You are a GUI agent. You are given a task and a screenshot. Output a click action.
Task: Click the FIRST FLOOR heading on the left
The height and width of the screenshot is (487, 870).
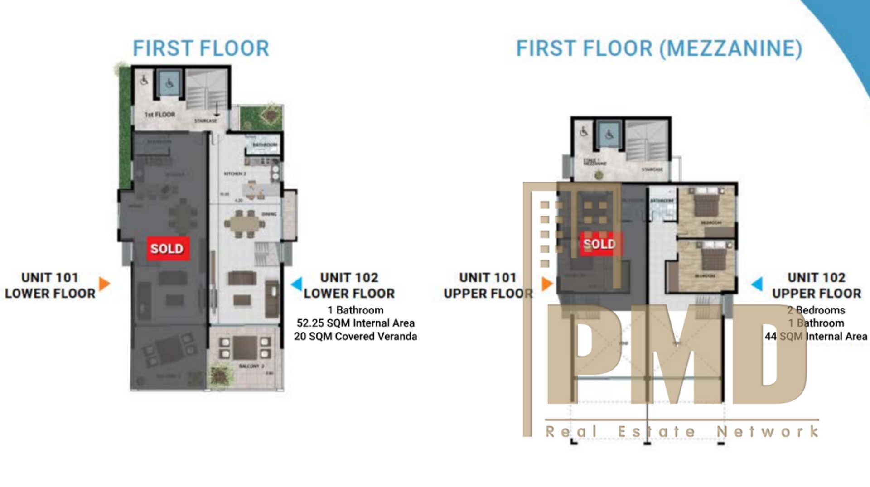(x=201, y=48)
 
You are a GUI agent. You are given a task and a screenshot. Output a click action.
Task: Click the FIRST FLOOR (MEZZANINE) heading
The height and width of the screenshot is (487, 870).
(x=659, y=48)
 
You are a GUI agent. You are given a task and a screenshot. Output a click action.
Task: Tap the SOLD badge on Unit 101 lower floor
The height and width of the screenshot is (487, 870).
(x=167, y=248)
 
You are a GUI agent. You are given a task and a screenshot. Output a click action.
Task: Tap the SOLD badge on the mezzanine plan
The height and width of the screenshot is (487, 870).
(x=599, y=244)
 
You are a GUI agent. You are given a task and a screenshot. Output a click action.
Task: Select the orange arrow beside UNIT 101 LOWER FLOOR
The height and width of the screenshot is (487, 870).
(x=104, y=284)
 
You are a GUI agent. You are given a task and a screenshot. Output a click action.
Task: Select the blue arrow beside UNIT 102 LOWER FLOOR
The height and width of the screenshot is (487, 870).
(x=297, y=284)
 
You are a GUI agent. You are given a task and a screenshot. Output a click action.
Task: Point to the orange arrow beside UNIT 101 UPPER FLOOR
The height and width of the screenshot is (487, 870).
(x=547, y=284)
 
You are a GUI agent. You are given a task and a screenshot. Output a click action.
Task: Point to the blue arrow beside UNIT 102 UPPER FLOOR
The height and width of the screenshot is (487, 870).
(x=757, y=284)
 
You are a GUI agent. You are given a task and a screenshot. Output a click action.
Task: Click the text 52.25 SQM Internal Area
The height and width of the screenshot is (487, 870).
(x=355, y=323)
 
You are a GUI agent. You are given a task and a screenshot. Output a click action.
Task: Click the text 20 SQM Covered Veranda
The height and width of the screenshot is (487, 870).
(x=355, y=336)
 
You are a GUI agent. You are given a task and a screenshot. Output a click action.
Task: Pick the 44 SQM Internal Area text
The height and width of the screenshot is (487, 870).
(x=816, y=336)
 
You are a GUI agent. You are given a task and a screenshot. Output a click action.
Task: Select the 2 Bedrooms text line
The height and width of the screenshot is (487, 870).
(x=816, y=310)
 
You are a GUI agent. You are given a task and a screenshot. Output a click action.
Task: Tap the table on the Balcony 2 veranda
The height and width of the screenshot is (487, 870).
(x=245, y=347)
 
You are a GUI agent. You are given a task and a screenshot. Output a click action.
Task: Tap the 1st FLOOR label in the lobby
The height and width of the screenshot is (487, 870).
(x=159, y=115)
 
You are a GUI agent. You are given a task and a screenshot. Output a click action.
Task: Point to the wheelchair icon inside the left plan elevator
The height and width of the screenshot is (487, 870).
(x=169, y=83)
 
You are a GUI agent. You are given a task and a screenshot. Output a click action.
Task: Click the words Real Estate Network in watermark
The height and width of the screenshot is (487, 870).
(x=682, y=431)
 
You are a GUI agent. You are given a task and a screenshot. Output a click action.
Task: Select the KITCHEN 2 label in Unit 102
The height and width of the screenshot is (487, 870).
(x=235, y=174)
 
